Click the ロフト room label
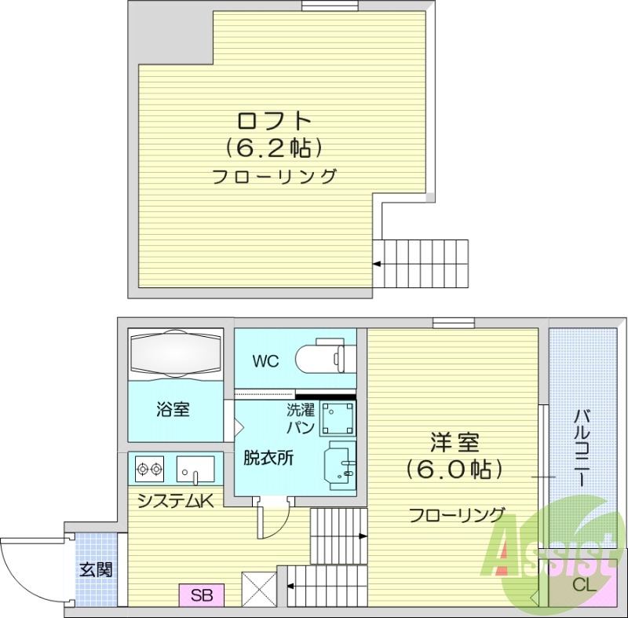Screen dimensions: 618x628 [275, 121]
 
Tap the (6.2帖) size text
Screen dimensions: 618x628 [275, 147]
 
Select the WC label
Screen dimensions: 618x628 [265, 362]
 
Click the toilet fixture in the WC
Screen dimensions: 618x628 [320, 358]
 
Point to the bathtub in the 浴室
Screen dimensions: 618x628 [176, 346]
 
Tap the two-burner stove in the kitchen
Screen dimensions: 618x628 [149, 470]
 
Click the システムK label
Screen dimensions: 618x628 [174, 500]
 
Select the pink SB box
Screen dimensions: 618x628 [202, 594]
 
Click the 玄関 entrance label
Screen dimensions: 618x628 [95, 569]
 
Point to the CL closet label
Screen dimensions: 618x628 [584, 584]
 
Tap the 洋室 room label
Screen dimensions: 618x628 [453, 443]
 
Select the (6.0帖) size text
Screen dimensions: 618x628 [453, 469]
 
